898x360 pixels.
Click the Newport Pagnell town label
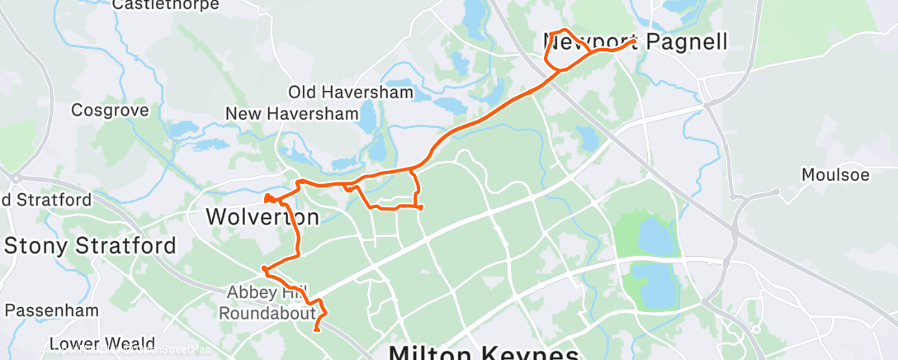point(636,41)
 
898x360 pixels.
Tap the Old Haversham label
point(350,92)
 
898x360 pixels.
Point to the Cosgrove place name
point(110,110)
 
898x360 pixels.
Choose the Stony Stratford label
point(90,245)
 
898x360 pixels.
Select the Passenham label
point(51,310)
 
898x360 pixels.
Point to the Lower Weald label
point(102,343)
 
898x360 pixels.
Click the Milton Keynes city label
point(484,353)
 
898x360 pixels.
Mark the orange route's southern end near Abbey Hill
point(317,330)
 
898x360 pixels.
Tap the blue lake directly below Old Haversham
point(451,106)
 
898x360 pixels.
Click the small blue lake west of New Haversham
point(183,129)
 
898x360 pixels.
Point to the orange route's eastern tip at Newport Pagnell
point(634,40)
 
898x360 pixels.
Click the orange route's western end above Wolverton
point(266,197)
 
